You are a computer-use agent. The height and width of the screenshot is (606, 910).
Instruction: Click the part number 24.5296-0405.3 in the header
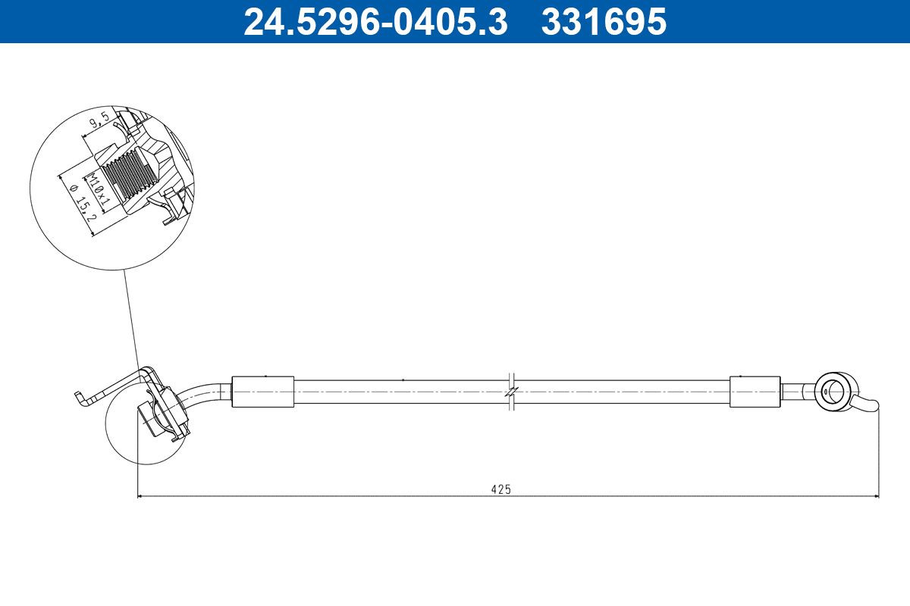coord(375,21)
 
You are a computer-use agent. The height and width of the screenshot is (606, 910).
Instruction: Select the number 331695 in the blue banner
coord(603,21)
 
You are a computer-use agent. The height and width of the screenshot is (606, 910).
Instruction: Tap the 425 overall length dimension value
coord(500,489)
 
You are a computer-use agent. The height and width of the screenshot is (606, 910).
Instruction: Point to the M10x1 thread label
coord(96,190)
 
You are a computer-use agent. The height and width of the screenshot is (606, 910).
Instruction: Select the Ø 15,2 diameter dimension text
coord(80,205)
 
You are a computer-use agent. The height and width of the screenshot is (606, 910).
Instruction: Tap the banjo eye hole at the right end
coord(833,391)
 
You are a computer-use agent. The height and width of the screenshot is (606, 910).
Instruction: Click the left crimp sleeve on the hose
coord(262,392)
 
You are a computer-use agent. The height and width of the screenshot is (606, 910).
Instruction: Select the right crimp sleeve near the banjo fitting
coord(755,392)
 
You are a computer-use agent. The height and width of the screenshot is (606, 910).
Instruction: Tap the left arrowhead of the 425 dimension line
coord(140,496)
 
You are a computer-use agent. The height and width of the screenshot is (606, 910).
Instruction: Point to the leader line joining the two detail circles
coord(130,318)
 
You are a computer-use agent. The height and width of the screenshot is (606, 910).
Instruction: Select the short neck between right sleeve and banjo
coord(794,392)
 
